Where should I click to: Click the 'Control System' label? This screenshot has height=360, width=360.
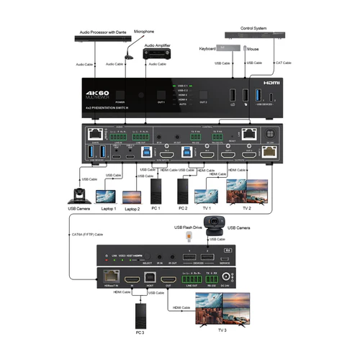[x=254, y=28]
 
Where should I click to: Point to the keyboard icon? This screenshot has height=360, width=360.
[x=225, y=48]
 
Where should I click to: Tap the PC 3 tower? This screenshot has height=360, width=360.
[x=140, y=312]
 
